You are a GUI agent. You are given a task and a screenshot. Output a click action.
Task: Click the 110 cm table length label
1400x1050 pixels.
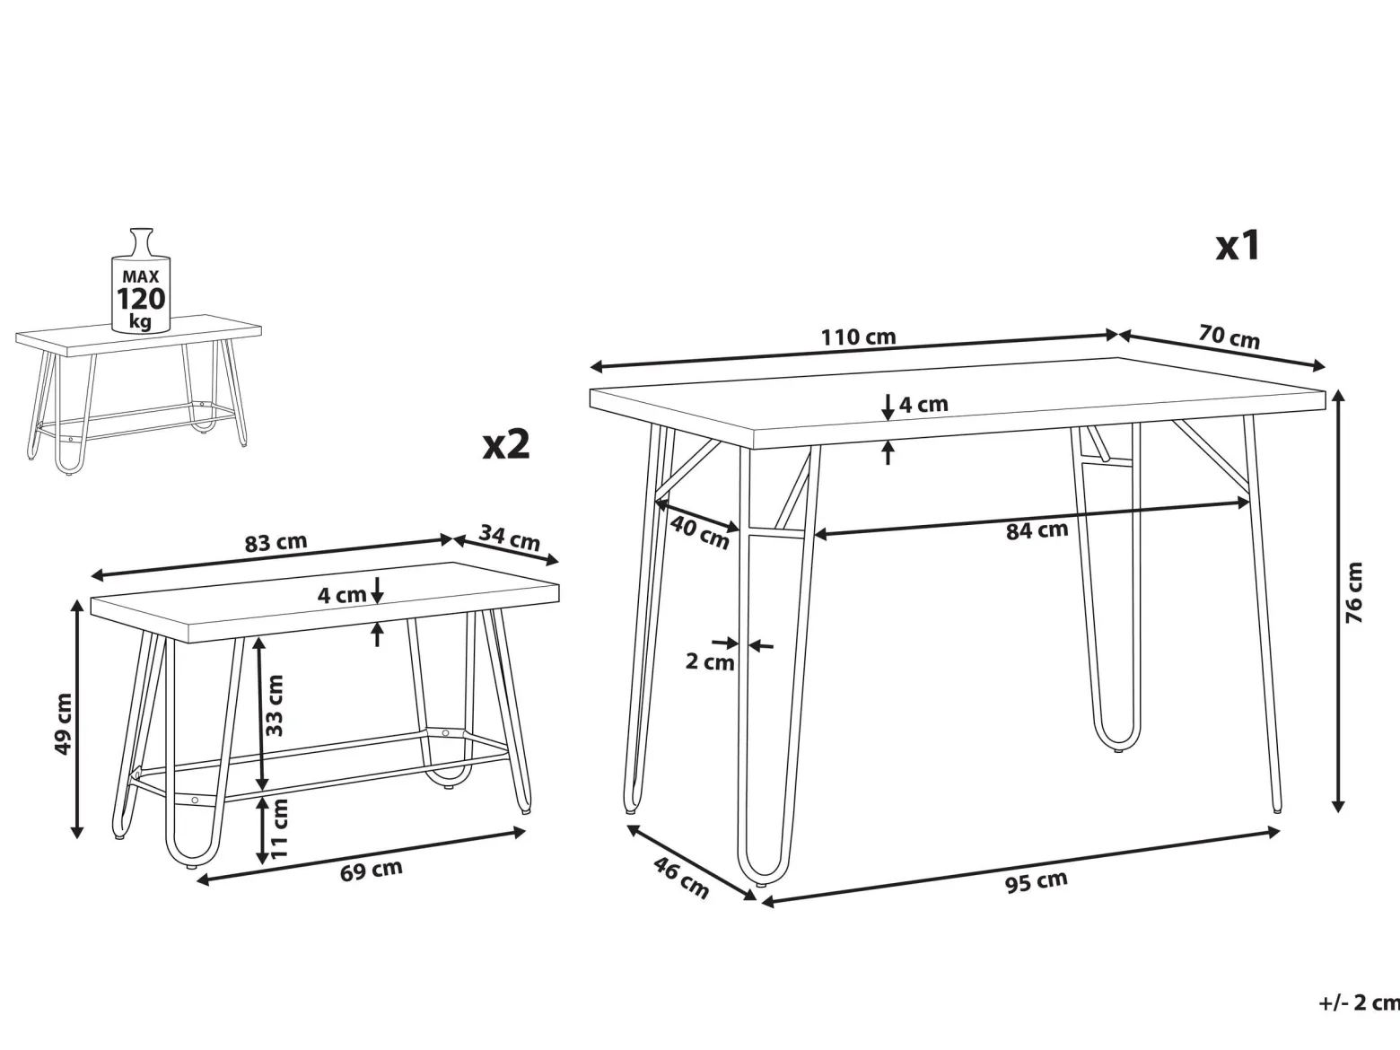[858, 337]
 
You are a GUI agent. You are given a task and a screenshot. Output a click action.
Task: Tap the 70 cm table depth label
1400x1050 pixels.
[1229, 337]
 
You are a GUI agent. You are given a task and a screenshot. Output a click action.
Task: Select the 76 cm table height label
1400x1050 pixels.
[1353, 592]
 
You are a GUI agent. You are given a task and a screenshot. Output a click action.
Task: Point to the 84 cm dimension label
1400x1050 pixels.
[1037, 530]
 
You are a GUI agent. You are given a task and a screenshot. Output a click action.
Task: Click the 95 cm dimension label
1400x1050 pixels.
[1037, 881]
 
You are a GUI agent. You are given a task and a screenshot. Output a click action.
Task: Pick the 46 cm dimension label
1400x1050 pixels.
[681, 878]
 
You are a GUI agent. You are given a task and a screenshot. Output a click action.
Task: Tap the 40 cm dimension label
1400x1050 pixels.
[700, 532]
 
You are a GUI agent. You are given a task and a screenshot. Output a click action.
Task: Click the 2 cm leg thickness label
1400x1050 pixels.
[710, 661]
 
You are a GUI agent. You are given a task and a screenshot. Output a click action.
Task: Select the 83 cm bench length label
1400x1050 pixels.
[276, 543]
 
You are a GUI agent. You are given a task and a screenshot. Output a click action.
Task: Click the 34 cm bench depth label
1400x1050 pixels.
[509, 538]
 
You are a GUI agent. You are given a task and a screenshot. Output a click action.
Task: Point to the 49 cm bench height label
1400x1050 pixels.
[63, 723]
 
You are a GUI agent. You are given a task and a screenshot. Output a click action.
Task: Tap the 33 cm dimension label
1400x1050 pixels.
[274, 705]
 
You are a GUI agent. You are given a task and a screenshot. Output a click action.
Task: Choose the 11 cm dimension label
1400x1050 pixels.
[279, 828]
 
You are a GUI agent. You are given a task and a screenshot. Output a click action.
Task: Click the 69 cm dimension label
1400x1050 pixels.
[372, 871]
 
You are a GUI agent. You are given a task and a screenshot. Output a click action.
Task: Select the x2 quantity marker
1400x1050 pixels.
[506, 443]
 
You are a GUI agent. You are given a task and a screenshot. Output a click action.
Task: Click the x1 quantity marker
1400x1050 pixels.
[1238, 245]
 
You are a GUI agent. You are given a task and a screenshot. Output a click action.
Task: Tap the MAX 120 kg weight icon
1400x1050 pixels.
[140, 280]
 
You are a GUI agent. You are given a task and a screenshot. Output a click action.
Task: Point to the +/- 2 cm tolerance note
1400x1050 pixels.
[1359, 1002]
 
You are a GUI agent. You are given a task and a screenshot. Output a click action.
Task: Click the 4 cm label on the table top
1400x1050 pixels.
[923, 404]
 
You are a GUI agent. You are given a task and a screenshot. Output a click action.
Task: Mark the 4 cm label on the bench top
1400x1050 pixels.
[342, 595]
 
